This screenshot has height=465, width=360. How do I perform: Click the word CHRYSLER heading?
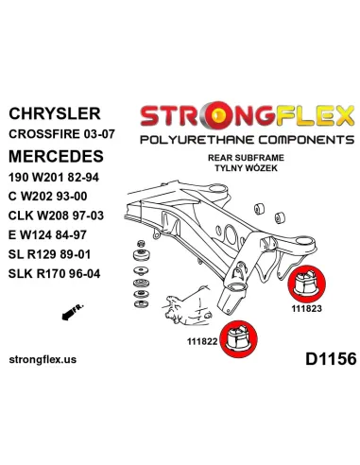[55, 113]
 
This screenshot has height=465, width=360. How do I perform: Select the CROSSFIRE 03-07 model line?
[61, 134]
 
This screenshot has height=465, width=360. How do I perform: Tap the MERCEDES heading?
[56, 156]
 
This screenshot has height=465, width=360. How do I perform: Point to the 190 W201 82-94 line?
[54, 178]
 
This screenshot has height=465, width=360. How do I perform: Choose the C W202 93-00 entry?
[48, 197]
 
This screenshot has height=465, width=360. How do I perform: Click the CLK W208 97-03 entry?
[56, 215]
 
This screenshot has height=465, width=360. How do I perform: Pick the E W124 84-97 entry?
[47, 234]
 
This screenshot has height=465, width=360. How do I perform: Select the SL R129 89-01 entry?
[50, 254]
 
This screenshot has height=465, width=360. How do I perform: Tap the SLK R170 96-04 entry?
[55, 273]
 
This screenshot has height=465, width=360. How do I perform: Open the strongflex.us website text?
[43, 359]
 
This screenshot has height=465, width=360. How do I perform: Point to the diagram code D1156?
[331, 359]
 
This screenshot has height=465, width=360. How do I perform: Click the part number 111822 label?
[202, 341]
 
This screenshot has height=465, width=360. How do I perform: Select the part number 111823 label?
[307, 308]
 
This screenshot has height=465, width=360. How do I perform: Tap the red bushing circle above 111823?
[307, 284]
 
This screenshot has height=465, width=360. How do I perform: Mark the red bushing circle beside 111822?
[238, 339]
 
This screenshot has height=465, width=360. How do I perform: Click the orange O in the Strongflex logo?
[217, 116]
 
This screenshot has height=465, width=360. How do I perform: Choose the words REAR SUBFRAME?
[246, 158]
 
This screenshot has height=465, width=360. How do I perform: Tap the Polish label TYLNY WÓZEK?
[247, 168]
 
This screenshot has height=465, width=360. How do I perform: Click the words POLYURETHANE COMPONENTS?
[248, 140]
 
